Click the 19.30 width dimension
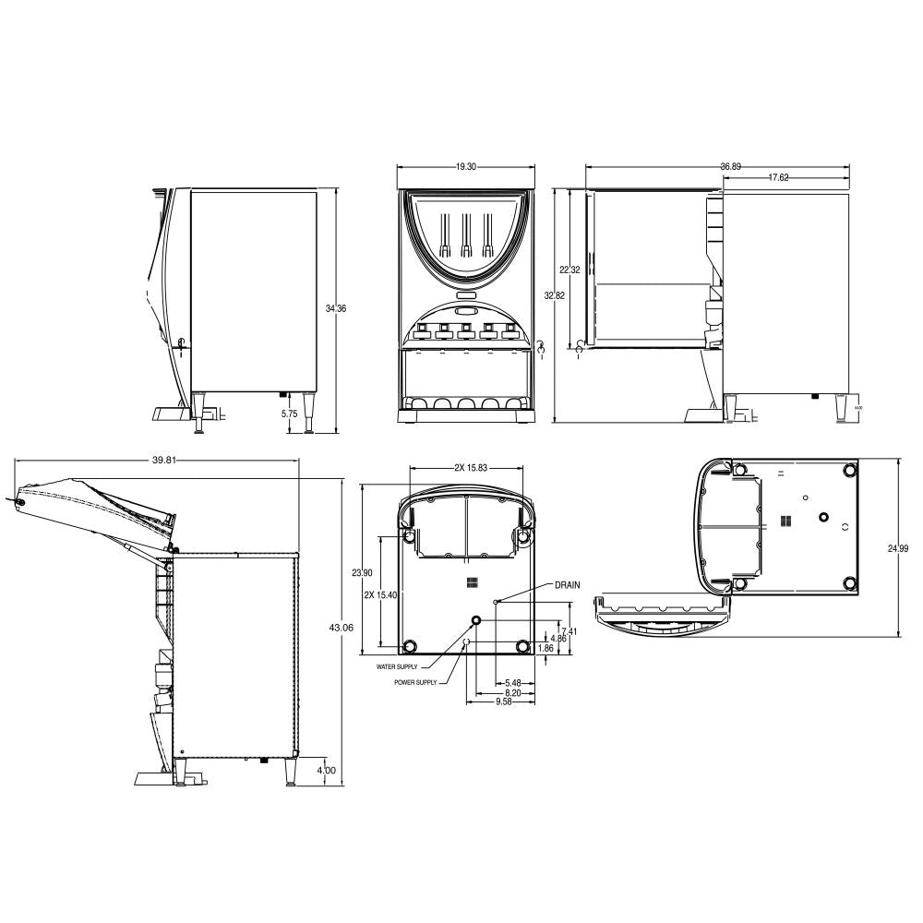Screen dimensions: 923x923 [465, 167]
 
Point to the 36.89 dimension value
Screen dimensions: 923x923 [730, 167]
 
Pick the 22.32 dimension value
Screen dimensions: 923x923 [569, 270]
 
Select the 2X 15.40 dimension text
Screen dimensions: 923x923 [380, 595]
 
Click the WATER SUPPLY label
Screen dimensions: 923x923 [397, 665]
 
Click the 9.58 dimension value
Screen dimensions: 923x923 [503, 702]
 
